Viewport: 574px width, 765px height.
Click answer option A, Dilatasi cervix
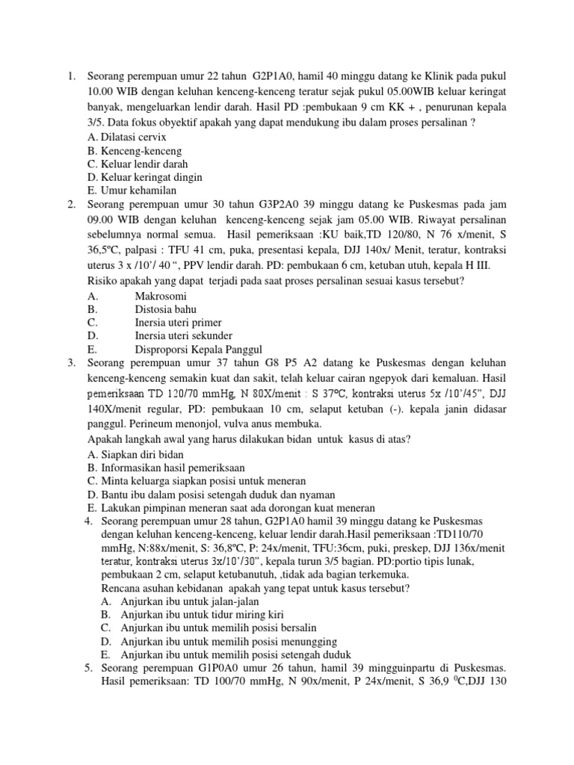pos(126,137)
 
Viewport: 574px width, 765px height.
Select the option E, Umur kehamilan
pos(126,191)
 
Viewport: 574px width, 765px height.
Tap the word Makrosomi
pos(161,296)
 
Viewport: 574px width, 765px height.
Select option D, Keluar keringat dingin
pos(145,177)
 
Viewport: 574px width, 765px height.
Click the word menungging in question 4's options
pos(306,641)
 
